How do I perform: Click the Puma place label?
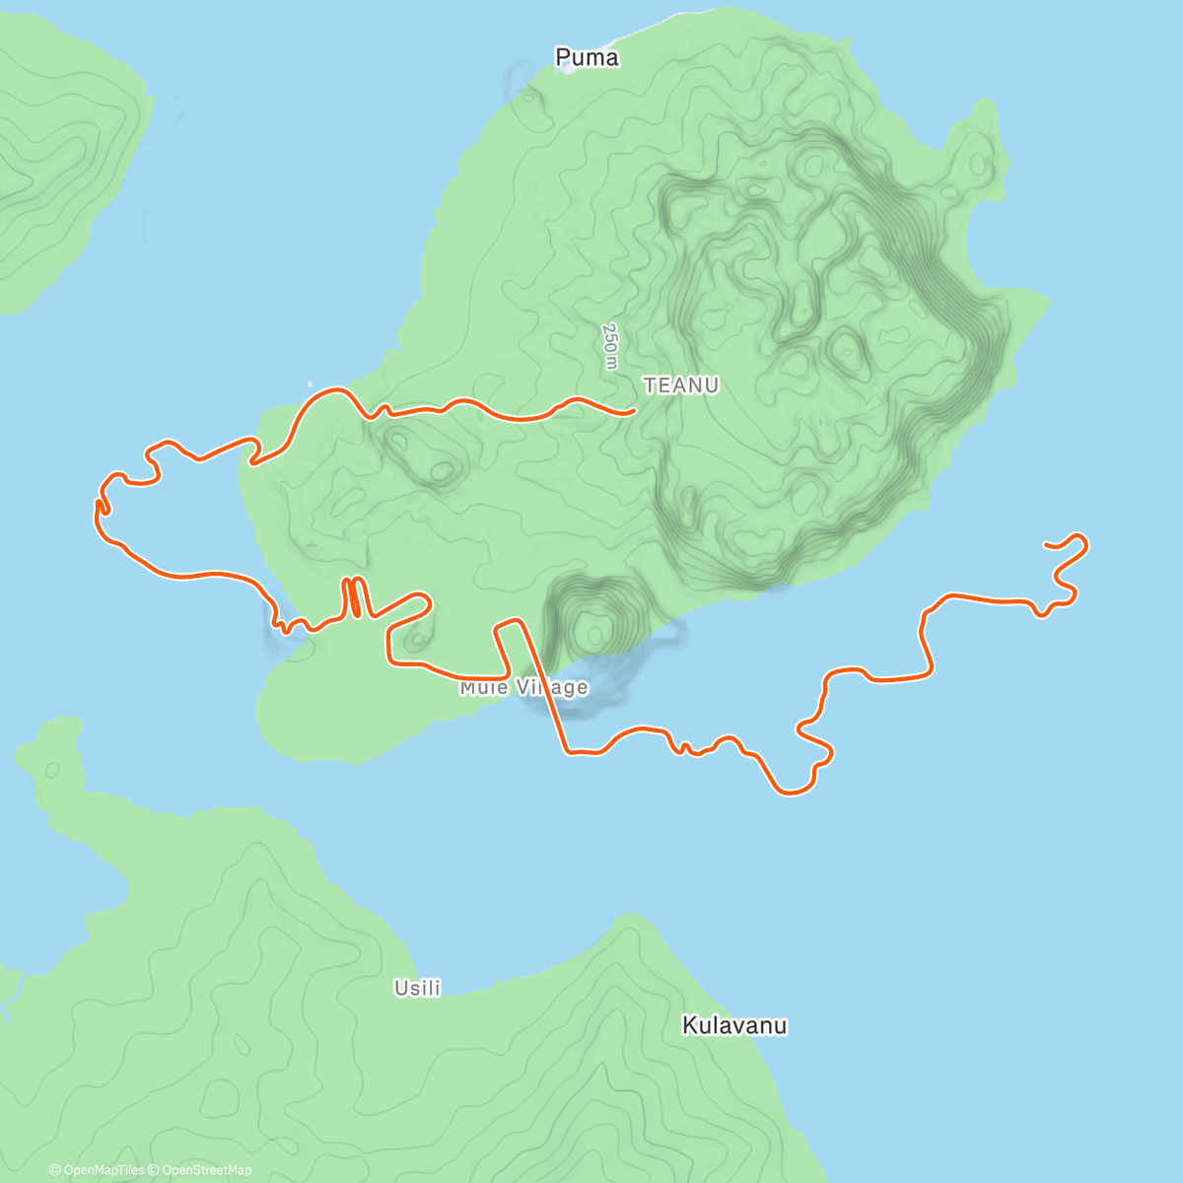587,57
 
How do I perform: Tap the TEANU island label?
681,385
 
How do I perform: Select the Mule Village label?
523,687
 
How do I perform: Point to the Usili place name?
417,987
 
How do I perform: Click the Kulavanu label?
734,1025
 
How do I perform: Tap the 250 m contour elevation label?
610,347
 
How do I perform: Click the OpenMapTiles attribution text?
97,1170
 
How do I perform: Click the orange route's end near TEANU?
632,410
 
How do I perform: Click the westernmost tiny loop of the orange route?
100,506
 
